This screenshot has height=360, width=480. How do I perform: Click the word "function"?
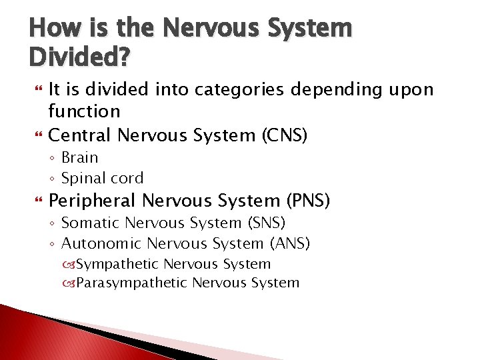click(x=84, y=111)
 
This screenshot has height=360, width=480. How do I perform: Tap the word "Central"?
click(x=81, y=135)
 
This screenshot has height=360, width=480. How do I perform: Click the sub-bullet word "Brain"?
click(x=79, y=158)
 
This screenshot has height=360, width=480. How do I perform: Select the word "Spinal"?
click(x=83, y=178)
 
